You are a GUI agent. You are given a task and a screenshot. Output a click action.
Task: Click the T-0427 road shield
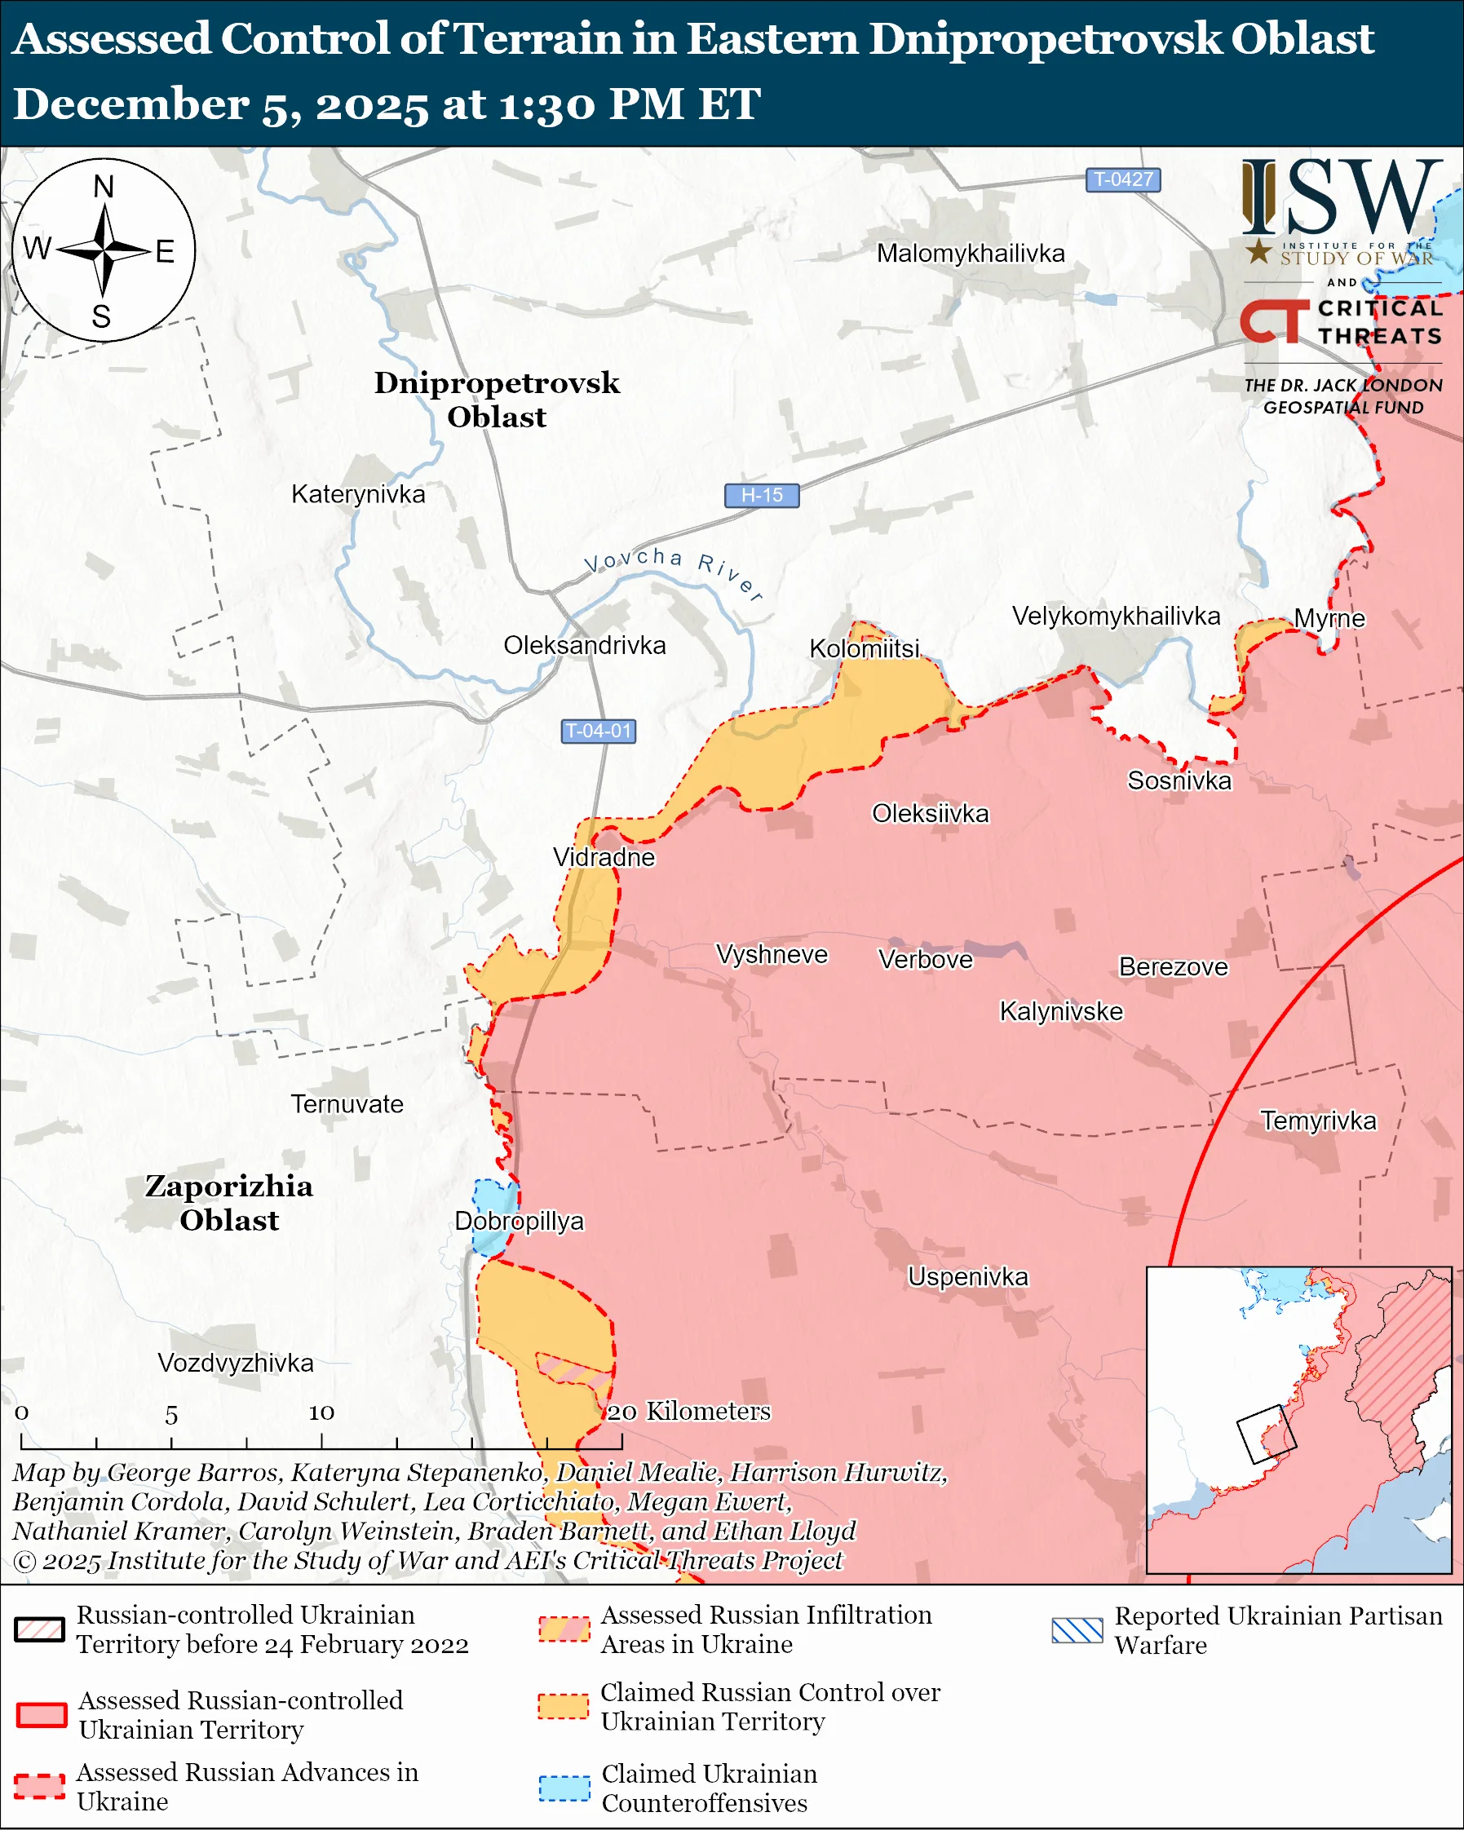[x=1122, y=180]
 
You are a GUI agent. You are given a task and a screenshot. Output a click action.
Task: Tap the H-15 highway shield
[x=761, y=495]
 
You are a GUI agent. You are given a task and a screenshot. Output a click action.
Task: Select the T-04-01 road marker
[x=599, y=731]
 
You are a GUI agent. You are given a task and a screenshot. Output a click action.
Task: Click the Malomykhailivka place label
[x=970, y=254]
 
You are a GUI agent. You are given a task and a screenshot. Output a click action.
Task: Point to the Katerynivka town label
[x=358, y=494]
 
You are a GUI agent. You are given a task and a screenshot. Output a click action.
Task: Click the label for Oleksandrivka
[x=584, y=645]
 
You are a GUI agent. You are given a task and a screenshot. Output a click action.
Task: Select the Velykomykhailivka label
[x=1115, y=617]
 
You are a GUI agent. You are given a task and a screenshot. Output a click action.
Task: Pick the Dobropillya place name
[x=520, y=1222]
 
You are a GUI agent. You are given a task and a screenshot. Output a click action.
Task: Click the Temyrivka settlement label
[x=1318, y=1121]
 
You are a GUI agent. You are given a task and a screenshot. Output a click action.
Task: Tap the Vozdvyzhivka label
[x=236, y=1363]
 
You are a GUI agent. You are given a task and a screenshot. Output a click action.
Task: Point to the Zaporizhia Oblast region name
[x=229, y=1203]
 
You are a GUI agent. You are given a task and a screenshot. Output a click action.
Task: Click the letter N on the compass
[x=104, y=187]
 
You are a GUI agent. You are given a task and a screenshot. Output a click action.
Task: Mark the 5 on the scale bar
[x=171, y=1415]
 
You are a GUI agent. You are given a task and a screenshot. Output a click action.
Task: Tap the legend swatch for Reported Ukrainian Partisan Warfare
[x=1077, y=1630]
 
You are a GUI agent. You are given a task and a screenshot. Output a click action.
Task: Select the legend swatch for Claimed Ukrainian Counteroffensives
[x=564, y=1788]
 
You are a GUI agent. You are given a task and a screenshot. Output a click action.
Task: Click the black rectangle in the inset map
[x=1266, y=1434]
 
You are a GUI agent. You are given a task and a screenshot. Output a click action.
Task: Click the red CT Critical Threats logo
[x=1274, y=321]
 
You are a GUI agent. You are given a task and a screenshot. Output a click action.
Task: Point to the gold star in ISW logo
[x=1258, y=250]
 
